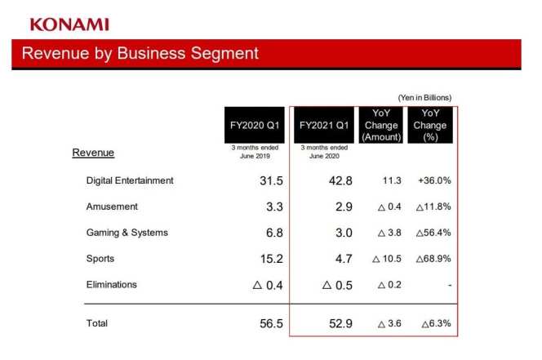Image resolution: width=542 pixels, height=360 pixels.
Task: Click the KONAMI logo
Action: (69, 24)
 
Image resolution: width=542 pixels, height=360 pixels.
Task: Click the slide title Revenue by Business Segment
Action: (140, 54)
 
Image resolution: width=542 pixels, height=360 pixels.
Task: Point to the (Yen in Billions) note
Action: (424, 97)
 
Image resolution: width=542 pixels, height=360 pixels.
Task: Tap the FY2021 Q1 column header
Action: (324, 125)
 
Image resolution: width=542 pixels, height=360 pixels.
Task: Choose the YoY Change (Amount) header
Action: (380, 125)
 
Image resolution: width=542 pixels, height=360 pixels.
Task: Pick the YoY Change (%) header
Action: (429, 125)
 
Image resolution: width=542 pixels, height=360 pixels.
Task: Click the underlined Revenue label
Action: (93, 153)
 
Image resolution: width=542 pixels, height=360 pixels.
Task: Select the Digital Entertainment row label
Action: (130, 180)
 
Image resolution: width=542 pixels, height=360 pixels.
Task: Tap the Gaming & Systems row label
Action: (127, 233)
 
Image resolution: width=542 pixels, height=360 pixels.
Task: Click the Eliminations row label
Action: (112, 285)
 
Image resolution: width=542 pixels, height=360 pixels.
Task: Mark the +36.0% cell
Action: (434, 181)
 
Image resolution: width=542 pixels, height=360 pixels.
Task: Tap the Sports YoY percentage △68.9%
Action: (433, 260)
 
